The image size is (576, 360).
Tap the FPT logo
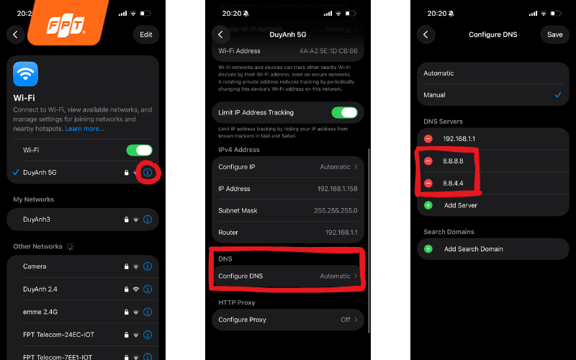click(67, 26)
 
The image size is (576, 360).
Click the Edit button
click(146, 34)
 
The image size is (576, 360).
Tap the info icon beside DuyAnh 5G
click(148, 172)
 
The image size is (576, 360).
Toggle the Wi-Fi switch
click(139, 150)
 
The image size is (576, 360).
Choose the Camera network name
click(35, 266)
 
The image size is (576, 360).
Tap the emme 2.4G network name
click(42, 311)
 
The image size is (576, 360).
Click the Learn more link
click(84, 128)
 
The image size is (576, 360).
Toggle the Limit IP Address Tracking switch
click(344, 112)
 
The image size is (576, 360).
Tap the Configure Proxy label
click(243, 320)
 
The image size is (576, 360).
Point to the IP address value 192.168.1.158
click(336, 189)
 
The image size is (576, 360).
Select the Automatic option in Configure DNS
click(439, 73)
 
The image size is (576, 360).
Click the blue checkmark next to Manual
click(557, 94)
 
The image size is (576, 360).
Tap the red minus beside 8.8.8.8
click(428, 161)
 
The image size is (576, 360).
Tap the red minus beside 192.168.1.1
click(428, 138)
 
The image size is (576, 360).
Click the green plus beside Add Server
click(428, 205)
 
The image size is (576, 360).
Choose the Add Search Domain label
click(473, 249)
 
